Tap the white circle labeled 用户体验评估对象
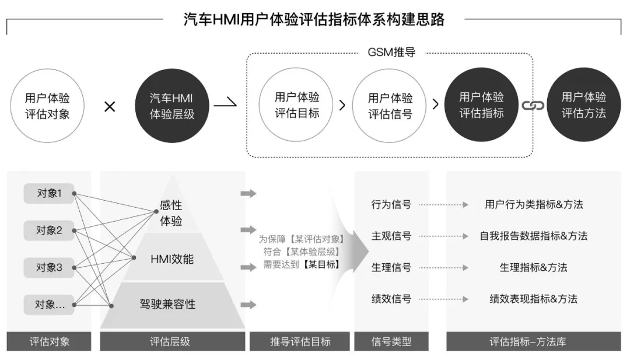click(47, 106)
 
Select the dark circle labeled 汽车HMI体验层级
click(172, 106)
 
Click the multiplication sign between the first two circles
click(110, 107)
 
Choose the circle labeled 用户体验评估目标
click(297, 105)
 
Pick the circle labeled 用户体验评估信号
click(390, 106)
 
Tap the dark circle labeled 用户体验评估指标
click(481, 105)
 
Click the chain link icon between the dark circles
click(532, 106)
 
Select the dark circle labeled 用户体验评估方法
click(583, 105)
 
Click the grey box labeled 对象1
click(49, 193)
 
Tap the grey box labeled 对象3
click(49, 268)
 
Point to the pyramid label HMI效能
click(171, 259)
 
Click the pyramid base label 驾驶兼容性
click(167, 304)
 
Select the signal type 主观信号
click(391, 236)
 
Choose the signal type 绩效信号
click(391, 299)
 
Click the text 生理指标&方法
click(533, 267)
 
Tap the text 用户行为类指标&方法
click(534, 204)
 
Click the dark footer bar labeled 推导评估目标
click(300, 341)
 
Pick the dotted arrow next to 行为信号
click(443, 205)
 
